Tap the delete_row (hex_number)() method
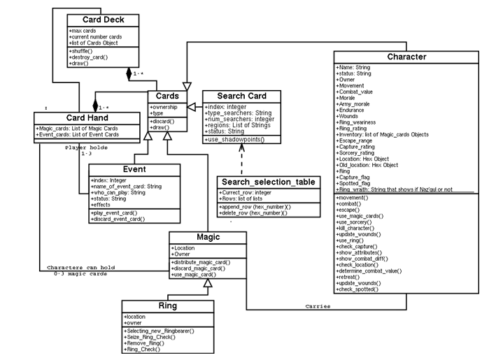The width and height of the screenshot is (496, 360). (253, 213)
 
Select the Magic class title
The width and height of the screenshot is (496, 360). (208, 236)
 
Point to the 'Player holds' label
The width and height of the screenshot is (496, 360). (87, 147)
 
